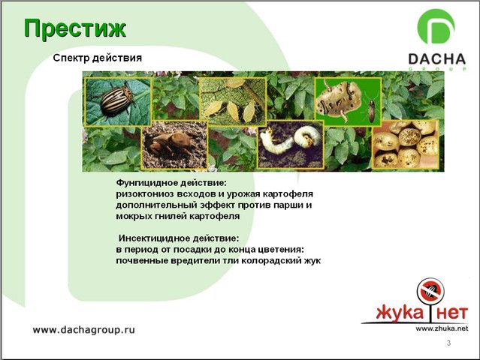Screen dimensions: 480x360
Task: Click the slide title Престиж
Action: (x=75, y=29)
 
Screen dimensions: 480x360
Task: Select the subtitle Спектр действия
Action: (x=98, y=58)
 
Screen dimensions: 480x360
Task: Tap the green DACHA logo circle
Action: (x=436, y=27)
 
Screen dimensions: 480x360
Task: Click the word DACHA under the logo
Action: (x=437, y=59)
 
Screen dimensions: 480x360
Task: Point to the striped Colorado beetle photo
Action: (x=118, y=101)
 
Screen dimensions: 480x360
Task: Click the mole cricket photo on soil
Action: (x=174, y=145)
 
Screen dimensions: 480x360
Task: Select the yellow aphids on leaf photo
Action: (x=234, y=101)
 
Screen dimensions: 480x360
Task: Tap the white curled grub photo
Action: (x=291, y=144)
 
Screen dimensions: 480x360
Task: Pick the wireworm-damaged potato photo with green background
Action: (x=348, y=101)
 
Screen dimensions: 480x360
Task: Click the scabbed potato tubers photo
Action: (x=406, y=144)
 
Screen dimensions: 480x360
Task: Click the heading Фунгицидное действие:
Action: (x=171, y=183)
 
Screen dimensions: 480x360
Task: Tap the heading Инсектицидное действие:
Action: (x=179, y=238)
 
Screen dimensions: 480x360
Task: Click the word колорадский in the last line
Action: (x=268, y=261)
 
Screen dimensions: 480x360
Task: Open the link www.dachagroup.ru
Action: (x=83, y=330)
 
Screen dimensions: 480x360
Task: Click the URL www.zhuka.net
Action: (x=442, y=328)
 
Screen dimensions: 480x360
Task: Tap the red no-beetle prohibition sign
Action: (x=430, y=290)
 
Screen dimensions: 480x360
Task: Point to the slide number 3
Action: (x=448, y=343)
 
